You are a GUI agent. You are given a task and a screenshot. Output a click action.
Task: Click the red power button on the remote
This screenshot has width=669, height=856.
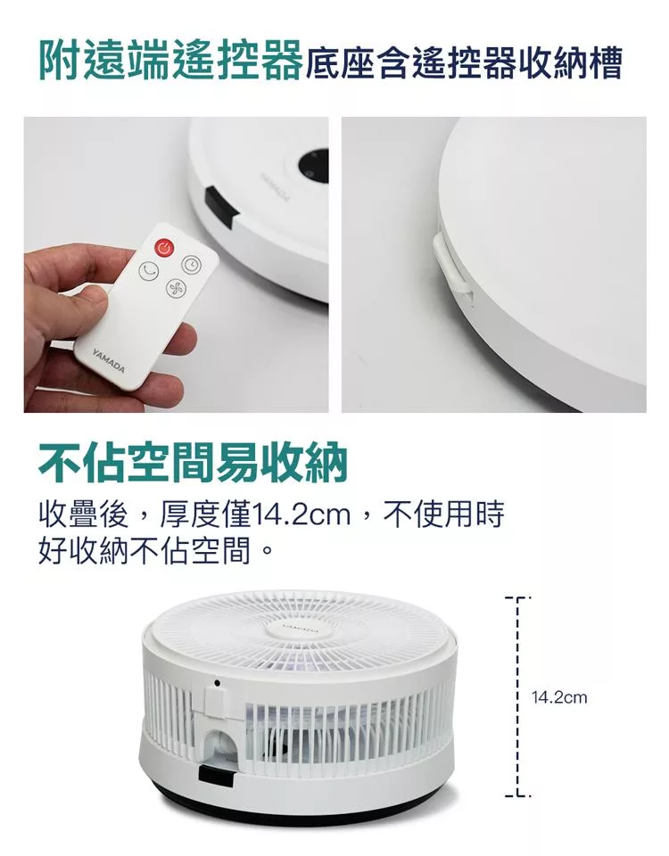click(164, 249)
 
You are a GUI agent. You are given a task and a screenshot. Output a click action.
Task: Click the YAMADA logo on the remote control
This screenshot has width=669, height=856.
click(109, 360)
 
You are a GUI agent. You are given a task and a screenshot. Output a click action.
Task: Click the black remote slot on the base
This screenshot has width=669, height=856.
click(219, 207)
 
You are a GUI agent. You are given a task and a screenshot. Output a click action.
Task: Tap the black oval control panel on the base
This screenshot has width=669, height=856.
click(315, 166)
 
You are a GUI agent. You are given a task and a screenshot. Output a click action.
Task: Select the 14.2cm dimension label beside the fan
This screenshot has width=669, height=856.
click(559, 697)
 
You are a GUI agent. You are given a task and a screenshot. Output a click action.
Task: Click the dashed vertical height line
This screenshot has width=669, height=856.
click(516, 697)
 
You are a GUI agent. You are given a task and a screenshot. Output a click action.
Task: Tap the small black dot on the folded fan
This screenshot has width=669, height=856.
click(218, 683)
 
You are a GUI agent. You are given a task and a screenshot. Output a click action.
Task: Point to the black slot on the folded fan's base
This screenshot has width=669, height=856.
click(216, 776)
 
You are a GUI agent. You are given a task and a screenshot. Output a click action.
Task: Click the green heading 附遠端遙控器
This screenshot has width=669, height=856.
click(171, 62)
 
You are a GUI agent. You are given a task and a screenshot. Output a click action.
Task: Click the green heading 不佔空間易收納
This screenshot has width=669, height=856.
click(193, 463)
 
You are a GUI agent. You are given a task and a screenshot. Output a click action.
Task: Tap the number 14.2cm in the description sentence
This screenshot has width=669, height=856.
click(301, 514)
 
